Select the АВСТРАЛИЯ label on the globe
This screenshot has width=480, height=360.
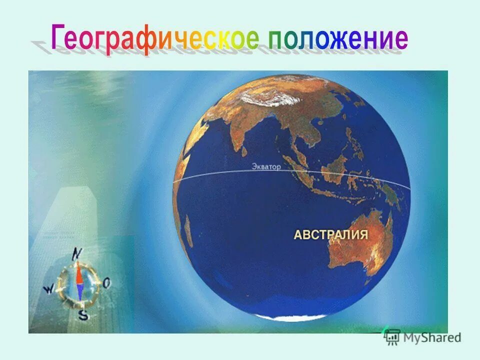(x=331, y=235)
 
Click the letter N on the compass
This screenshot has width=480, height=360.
(x=76, y=253)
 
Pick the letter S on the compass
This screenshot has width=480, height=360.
(x=83, y=315)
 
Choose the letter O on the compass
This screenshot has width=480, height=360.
(x=107, y=283)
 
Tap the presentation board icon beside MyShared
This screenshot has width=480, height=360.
(x=392, y=336)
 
